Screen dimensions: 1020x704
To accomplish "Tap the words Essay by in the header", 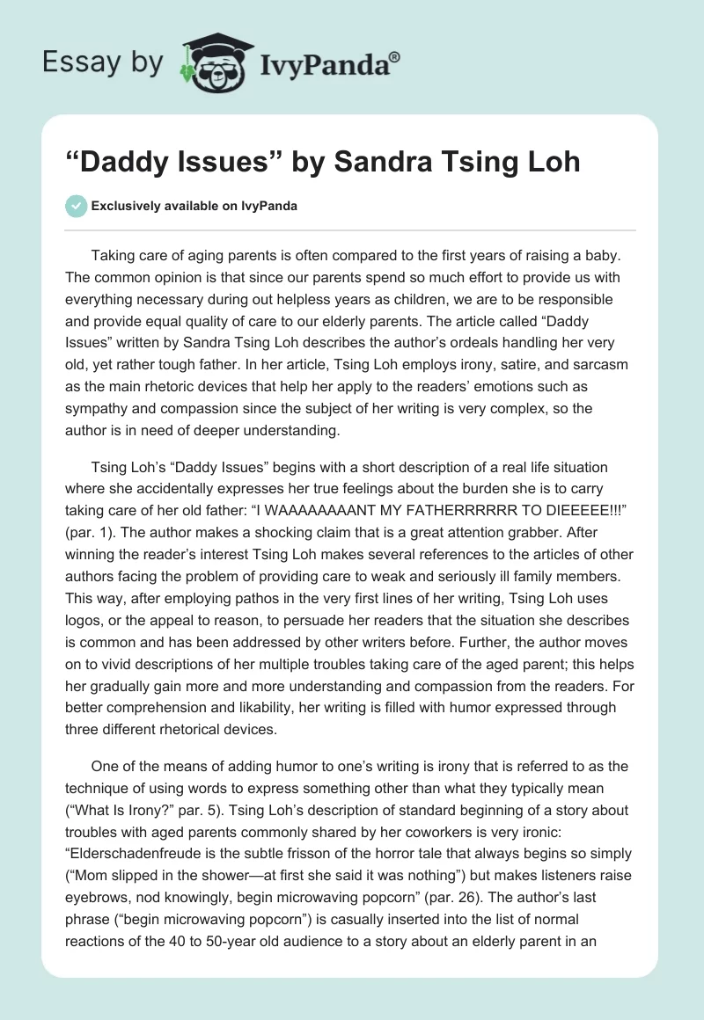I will (x=102, y=62).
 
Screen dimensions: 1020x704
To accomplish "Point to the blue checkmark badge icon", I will (x=76, y=206).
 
